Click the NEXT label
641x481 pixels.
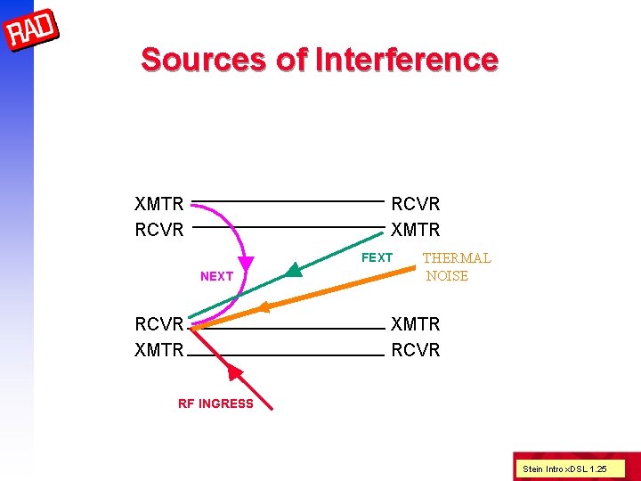[x=216, y=276]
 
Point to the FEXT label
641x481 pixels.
[x=377, y=257]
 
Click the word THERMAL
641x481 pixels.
[x=456, y=258]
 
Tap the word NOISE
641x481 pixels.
[x=447, y=276]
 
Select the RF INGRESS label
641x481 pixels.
[x=215, y=404]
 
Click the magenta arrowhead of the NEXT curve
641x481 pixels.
[x=243, y=266]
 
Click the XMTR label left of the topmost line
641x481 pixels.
[x=159, y=205]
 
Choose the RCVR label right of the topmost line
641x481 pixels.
[x=416, y=205]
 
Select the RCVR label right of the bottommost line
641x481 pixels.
[x=416, y=350]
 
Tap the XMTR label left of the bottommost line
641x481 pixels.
[x=159, y=350]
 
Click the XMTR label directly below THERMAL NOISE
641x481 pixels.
[x=416, y=325]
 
